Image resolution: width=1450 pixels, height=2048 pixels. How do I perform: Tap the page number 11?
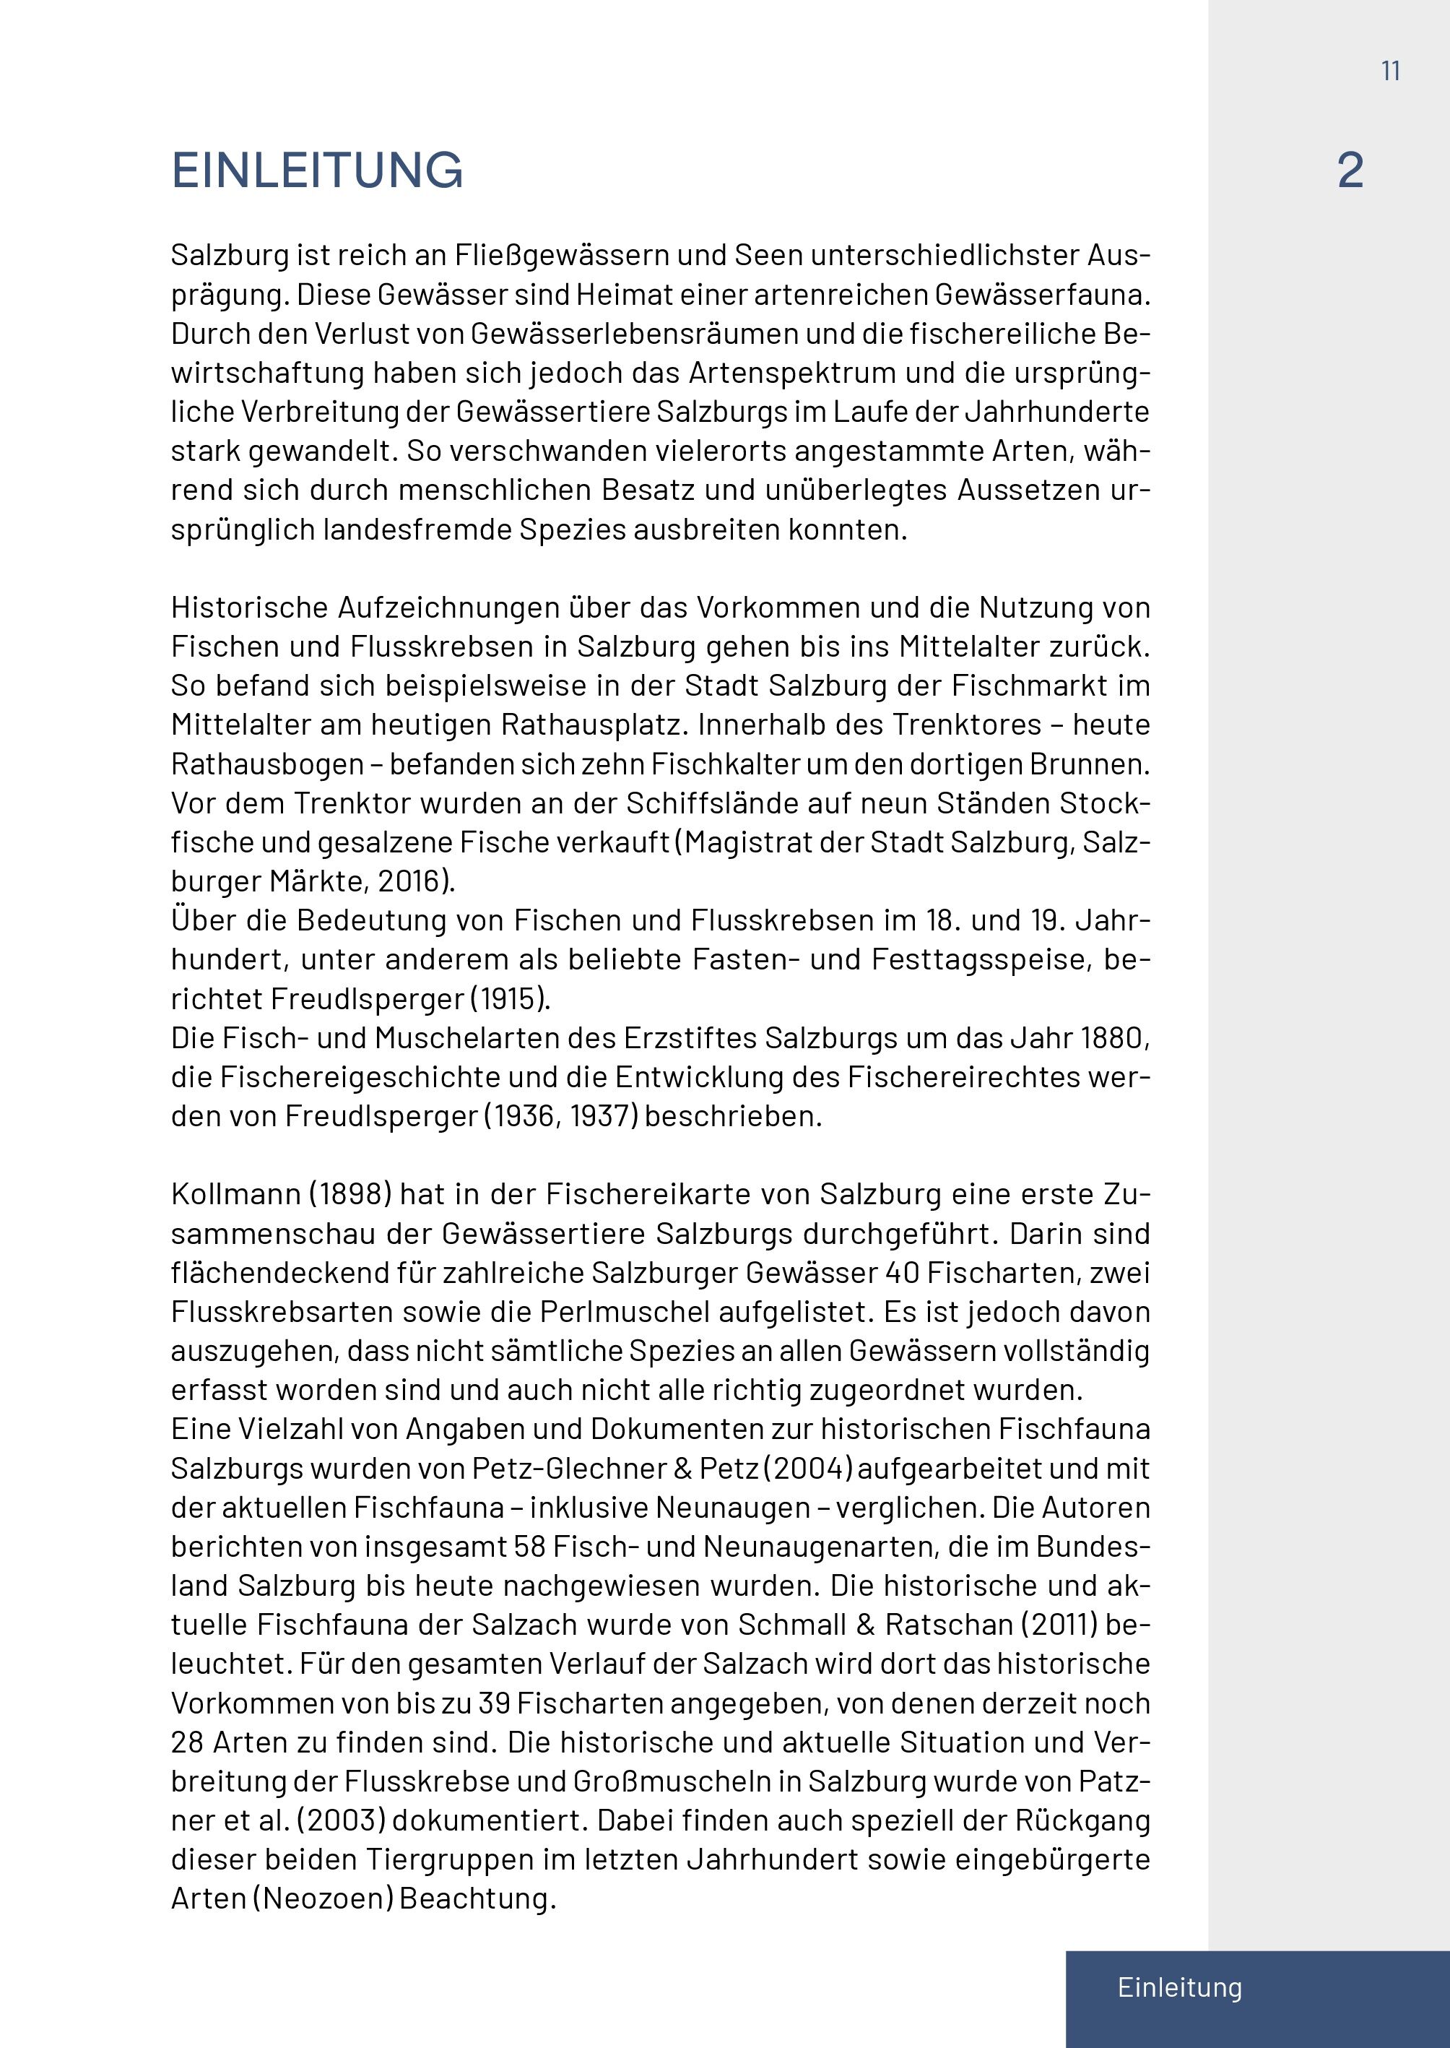pos(1390,72)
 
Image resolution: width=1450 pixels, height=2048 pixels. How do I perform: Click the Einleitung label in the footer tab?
pos(1179,1987)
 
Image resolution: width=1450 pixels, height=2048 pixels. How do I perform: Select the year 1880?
pos(1111,1038)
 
